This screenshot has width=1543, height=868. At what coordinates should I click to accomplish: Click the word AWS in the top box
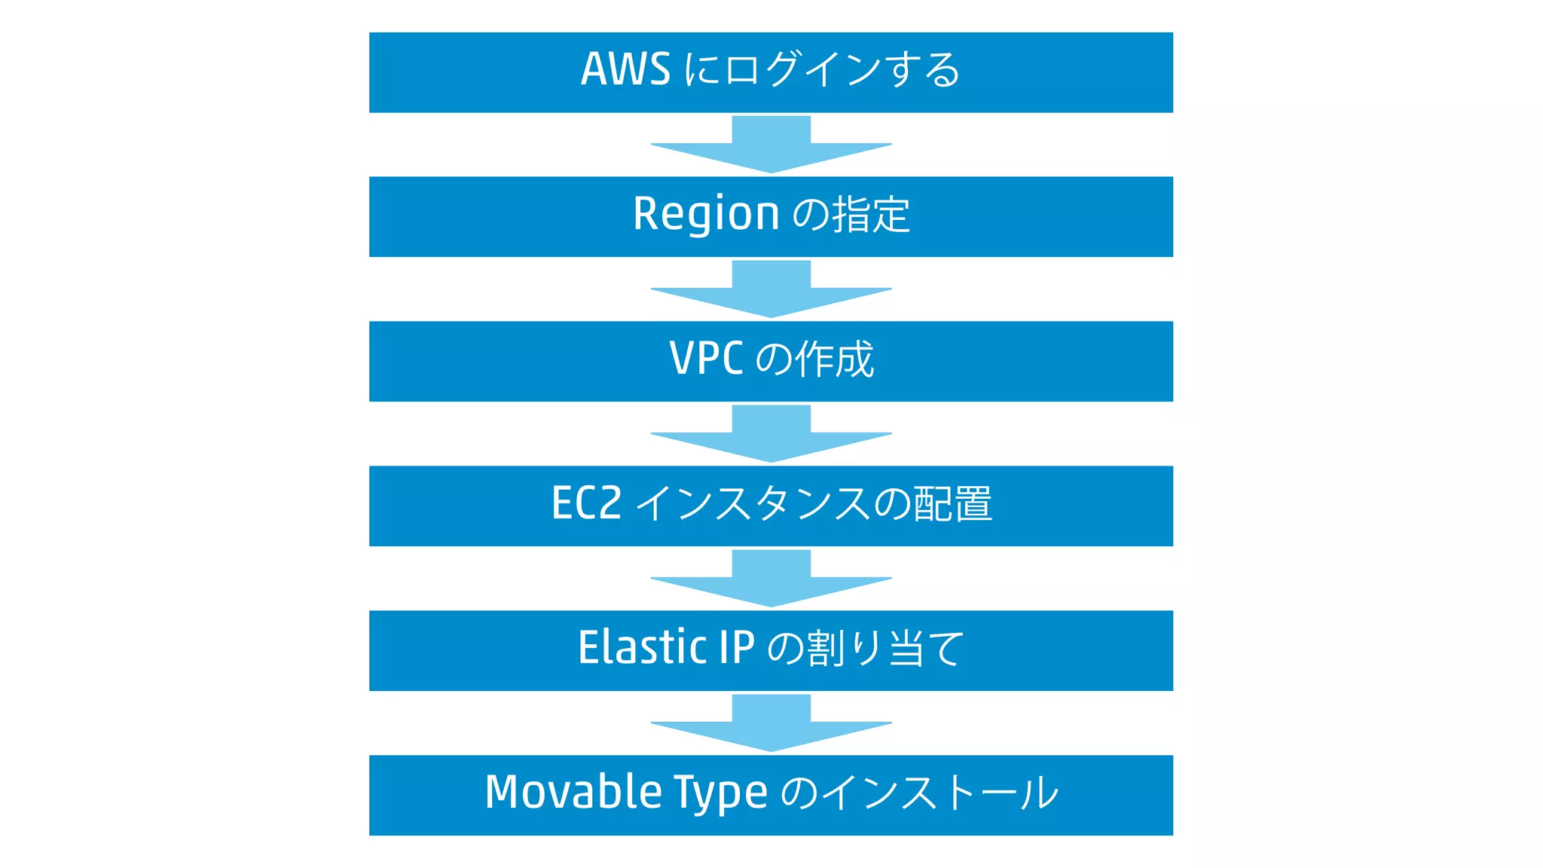click(625, 69)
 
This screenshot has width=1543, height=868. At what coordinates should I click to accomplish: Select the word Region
click(706, 214)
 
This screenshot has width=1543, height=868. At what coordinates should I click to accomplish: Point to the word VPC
click(706, 359)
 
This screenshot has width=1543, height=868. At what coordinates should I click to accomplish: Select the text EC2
click(586, 503)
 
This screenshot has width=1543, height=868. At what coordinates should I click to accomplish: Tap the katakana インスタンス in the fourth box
click(753, 504)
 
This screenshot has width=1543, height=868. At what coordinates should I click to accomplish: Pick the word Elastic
click(643, 648)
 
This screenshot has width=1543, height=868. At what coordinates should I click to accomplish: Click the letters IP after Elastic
click(736, 648)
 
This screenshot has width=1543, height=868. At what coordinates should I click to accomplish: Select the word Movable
click(573, 793)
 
